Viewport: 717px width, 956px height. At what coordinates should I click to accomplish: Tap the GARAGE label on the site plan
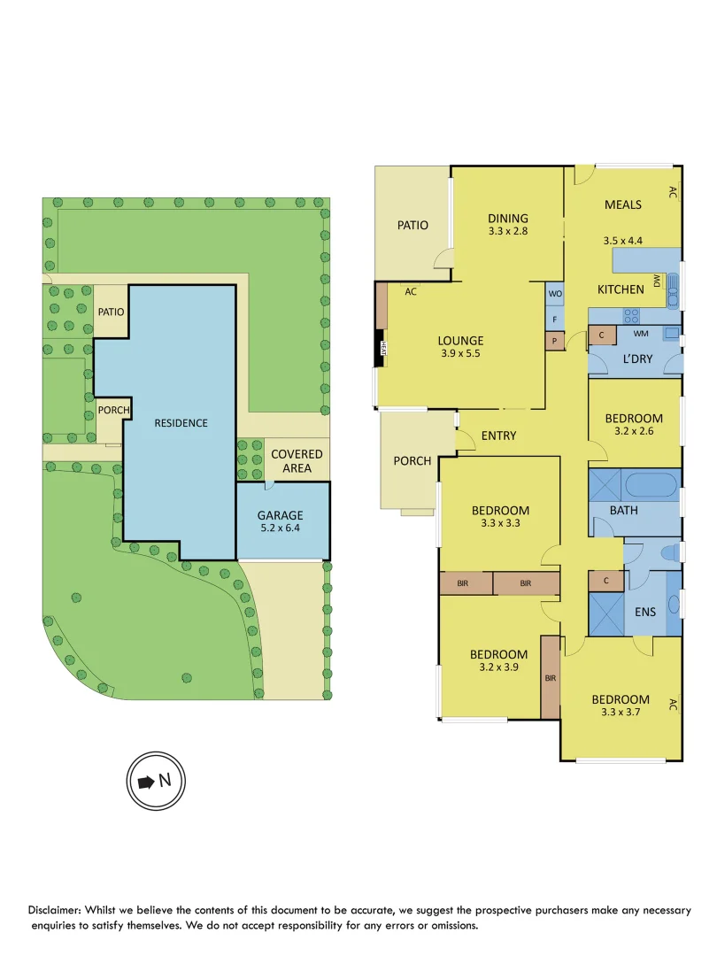point(280,515)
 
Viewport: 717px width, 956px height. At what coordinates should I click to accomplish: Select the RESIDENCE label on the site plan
point(181,422)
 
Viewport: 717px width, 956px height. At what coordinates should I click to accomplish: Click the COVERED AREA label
point(297,460)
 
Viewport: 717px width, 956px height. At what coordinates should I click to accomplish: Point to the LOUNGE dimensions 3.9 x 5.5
point(460,355)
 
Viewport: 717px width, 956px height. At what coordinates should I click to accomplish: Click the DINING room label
point(507,218)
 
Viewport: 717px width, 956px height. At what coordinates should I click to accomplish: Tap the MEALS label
point(622,204)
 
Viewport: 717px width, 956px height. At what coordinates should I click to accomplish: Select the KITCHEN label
point(621,289)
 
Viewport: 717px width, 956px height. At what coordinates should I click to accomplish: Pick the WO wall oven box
point(555,293)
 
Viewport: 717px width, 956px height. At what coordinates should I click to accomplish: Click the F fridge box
point(555,319)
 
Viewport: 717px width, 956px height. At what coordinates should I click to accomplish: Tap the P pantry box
point(555,341)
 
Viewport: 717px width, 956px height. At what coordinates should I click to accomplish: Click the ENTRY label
point(498,436)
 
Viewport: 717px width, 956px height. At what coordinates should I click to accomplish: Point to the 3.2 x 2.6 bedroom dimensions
point(633,433)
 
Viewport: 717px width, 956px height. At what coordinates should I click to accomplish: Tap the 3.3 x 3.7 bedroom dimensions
point(621,713)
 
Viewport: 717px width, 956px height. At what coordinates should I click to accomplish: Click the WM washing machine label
point(641,334)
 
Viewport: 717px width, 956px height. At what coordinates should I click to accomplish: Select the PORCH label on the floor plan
point(412,460)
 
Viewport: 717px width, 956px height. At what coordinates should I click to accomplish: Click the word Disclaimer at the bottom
point(60,910)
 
